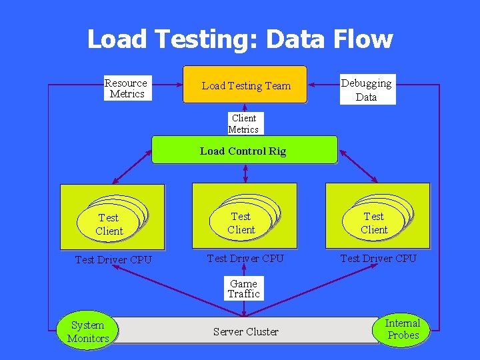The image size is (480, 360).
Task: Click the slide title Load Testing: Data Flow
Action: pyautogui.click(x=239, y=39)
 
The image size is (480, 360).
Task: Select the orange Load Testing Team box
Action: pyautogui.click(x=245, y=85)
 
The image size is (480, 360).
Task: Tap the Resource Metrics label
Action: pyautogui.click(x=126, y=88)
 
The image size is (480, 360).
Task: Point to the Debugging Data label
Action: pyautogui.click(x=366, y=89)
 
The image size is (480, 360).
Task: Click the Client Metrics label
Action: pyautogui.click(x=243, y=123)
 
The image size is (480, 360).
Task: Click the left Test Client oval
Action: pyautogui.click(x=109, y=224)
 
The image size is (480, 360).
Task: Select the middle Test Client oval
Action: pyautogui.click(x=241, y=223)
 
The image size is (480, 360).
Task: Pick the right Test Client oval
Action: pyautogui.click(x=373, y=223)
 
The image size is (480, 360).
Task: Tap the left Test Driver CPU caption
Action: pyautogui.click(x=113, y=259)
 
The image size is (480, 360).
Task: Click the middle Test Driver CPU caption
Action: pyautogui.click(x=245, y=258)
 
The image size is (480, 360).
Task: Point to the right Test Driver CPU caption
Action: pyautogui.click(x=378, y=258)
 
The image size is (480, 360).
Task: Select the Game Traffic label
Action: pyautogui.click(x=243, y=289)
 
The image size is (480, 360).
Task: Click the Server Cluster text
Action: pyautogui.click(x=245, y=331)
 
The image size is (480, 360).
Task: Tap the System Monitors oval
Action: pyautogui.click(x=88, y=331)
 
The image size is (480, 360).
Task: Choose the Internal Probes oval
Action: pyautogui.click(x=403, y=329)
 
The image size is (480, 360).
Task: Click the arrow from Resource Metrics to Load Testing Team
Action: pyautogui.click(x=167, y=85)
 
